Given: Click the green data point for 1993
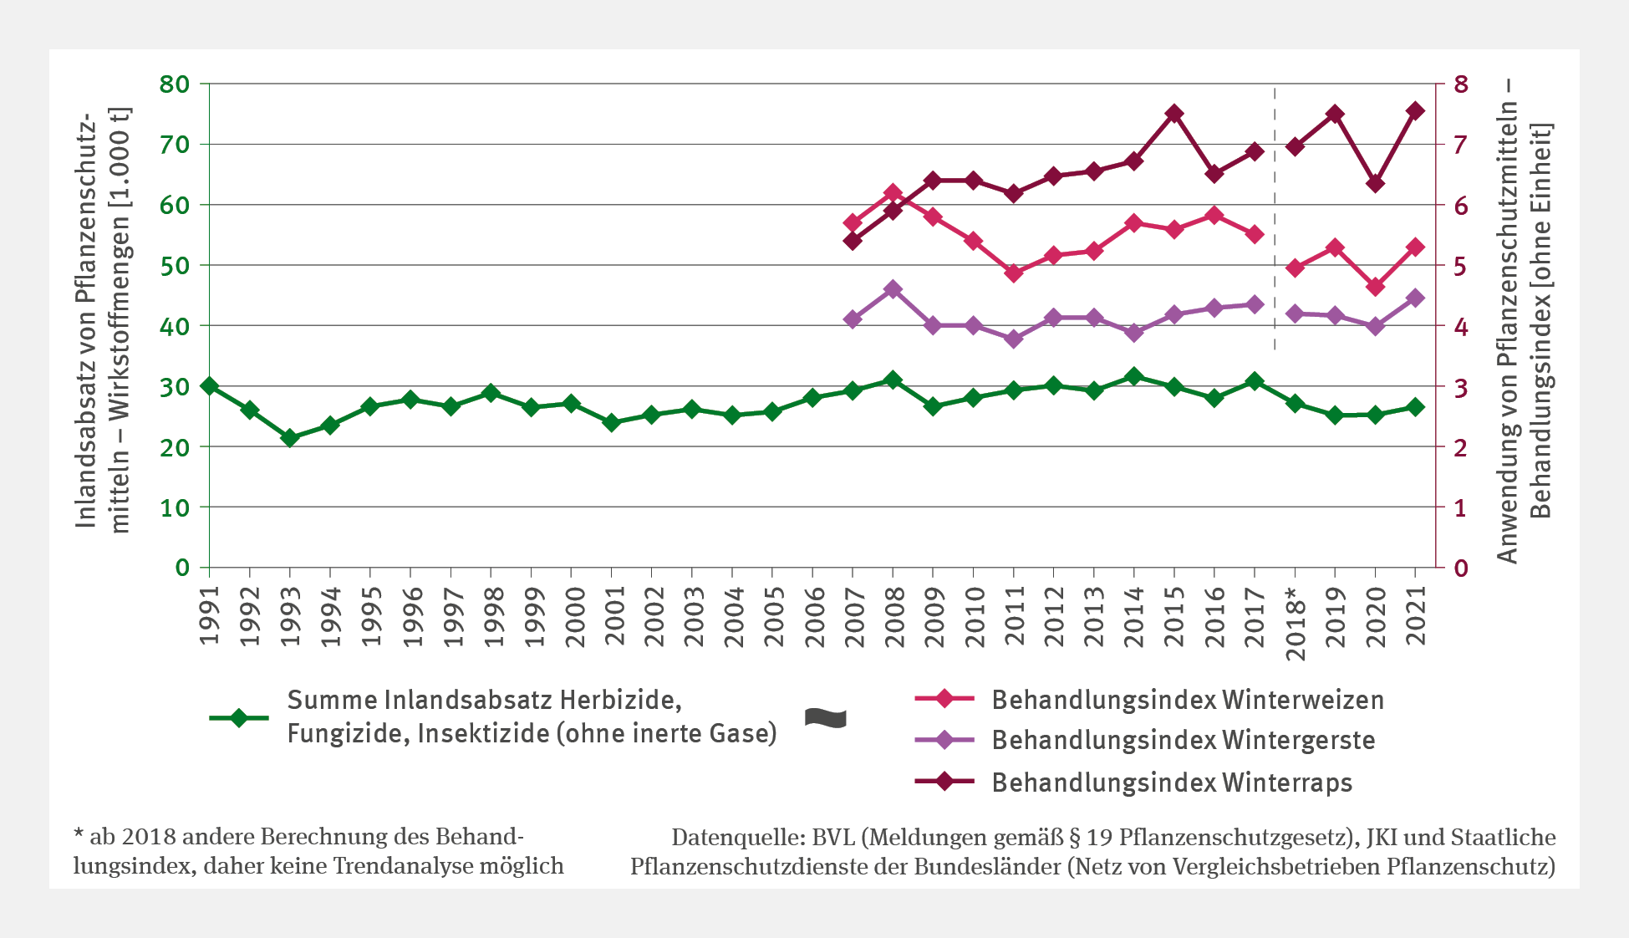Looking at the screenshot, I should click(x=290, y=437).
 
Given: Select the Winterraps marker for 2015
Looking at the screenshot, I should click(x=1173, y=114).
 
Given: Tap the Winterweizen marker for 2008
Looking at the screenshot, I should click(x=893, y=193).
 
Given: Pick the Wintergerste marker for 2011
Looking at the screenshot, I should click(x=1014, y=339).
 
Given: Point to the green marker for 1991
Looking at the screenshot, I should click(x=210, y=386).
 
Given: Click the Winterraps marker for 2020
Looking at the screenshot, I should click(x=1375, y=183).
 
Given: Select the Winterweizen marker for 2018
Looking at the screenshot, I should click(x=1295, y=268).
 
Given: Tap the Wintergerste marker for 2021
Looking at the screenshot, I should click(x=1415, y=298).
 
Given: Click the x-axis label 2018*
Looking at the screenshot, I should click(x=1295, y=624).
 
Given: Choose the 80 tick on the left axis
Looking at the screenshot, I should click(x=175, y=84).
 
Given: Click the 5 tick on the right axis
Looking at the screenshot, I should click(x=1460, y=267).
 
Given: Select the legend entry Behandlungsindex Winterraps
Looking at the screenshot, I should click(x=1172, y=783).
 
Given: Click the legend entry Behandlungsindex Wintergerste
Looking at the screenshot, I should click(x=1183, y=741).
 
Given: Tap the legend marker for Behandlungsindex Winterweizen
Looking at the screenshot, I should click(x=944, y=698).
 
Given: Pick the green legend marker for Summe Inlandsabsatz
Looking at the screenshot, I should click(x=238, y=718).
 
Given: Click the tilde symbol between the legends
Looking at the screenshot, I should click(x=825, y=718).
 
